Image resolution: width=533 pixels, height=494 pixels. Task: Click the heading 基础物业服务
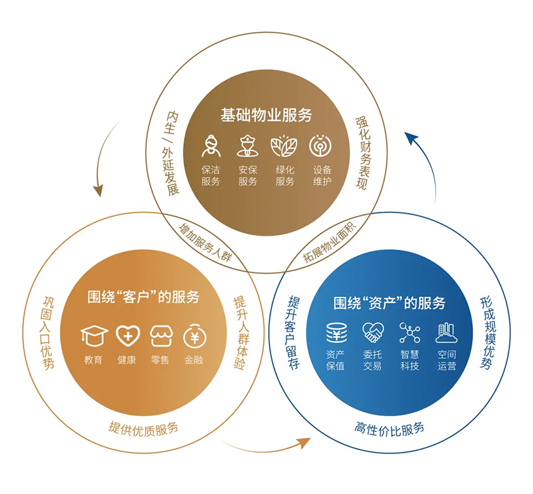(x=266, y=115)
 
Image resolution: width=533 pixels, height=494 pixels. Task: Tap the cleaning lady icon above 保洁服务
(x=211, y=146)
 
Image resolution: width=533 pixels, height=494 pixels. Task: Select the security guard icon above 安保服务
(x=247, y=146)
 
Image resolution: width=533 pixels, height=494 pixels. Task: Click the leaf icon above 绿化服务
(x=284, y=146)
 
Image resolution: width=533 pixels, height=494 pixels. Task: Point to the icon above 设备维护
(x=320, y=146)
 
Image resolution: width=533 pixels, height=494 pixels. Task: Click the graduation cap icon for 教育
(x=95, y=336)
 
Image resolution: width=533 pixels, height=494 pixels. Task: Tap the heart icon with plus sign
(x=128, y=336)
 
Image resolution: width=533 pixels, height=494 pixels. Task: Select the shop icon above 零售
(x=161, y=336)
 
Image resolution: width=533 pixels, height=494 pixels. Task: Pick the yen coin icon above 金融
(x=195, y=336)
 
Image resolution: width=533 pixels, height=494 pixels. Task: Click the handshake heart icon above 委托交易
(x=373, y=332)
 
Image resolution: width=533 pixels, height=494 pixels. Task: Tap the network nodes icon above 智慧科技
(x=410, y=332)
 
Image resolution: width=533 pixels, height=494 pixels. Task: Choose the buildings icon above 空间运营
(x=446, y=333)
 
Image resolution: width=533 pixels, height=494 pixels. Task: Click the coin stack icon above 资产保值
(x=336, y=333)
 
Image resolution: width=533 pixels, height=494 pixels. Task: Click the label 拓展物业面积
(x=329, y=242)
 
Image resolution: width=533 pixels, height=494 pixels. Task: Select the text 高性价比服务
(x=389, y=429)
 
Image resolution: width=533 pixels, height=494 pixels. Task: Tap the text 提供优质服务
(x=143, y=429)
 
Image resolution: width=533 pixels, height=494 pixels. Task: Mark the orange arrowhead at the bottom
(x=304, y=443)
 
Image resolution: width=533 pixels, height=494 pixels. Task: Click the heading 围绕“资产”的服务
(x=389, y=303)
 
